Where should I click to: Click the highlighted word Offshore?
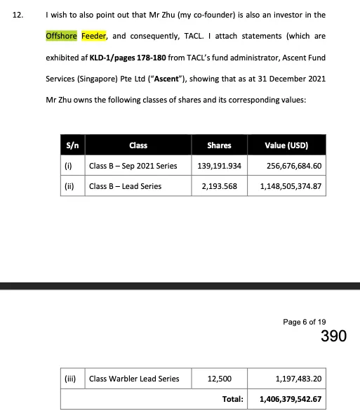pyautogui.click(x=62, y=35)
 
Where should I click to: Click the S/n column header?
pyautogui.click(x=71, y=145)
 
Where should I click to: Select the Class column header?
pyautogui.click(x=138, y=145)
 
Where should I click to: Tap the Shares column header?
pyautogui.click(x=219, y=145)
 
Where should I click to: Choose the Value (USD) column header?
pyautogui.click(x=286, y=145)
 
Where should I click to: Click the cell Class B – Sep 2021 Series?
pyautogui.click(x=133, y=166)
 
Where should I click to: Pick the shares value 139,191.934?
pyautogui.click(x=219, y=166)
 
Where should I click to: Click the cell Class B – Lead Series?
pyautogui.click(x=125, y=186)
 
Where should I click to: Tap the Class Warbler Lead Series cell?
pyautogui.click(x=134, y=379)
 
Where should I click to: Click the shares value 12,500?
pyautogui.click(x=220, y=379)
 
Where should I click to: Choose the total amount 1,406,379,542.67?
pyautogui.click(x=290, y=398)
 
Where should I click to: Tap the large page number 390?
pyautogui.click(x=333, y=337)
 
